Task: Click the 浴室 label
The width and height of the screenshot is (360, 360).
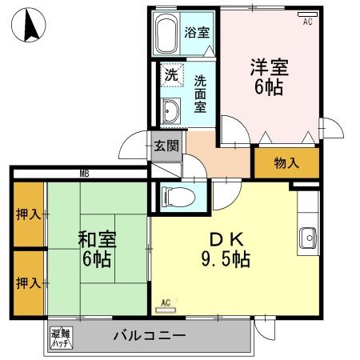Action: pyautogui.click(x=197, y=33)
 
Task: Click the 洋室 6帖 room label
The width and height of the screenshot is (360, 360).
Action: pyautogui.click(x=268, y=76)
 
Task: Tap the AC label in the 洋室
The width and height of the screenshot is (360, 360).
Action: pyautogui.click(x=307, y=22)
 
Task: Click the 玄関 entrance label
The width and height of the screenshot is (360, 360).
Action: pyautogui.click(x=166, y=146)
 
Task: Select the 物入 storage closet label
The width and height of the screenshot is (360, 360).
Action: pyautogui.click(x=286, y=163)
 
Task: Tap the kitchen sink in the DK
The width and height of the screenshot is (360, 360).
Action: pyautogui.click(x=307, y=237)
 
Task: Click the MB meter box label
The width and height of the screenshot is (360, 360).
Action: pyautogui.click(x=83, y=174)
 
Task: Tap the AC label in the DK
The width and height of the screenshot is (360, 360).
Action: pyautogui.click(x=166, y=302)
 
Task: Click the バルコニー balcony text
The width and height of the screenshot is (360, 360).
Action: pyautogui.click(x=150, y=335)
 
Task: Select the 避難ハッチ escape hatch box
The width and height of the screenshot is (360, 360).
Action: pyautogui.click(x=60, y=337)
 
